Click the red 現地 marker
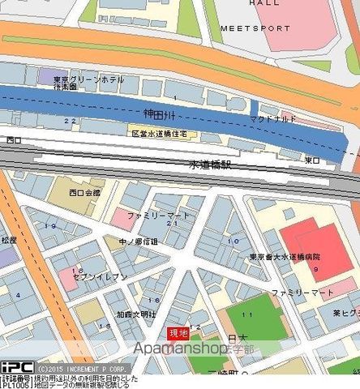point(178,333)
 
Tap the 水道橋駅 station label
point(210,164)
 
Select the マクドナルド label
point(273,119)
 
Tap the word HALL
point(264,3)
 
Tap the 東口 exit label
point(312,160)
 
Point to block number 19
point(52,226)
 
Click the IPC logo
point(15,367)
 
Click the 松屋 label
point(9,241)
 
